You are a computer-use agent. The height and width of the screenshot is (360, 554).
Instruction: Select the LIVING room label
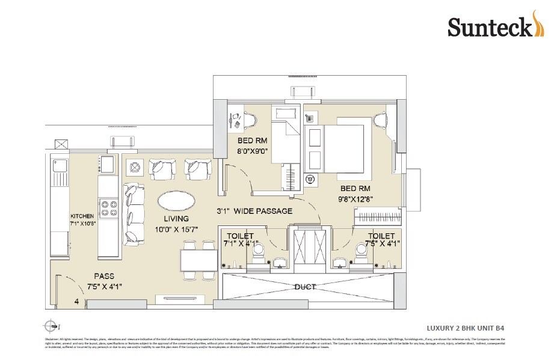175,219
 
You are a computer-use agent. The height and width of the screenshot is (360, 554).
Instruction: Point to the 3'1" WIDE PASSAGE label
254,211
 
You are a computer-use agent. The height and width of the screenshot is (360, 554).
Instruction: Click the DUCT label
305,287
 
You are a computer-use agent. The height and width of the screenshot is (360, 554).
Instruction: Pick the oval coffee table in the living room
176,201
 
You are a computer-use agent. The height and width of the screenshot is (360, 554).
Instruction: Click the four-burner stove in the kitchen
109,208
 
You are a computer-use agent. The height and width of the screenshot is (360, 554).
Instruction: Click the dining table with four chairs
199,260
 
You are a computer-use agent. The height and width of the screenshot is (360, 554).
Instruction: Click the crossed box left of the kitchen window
61,145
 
